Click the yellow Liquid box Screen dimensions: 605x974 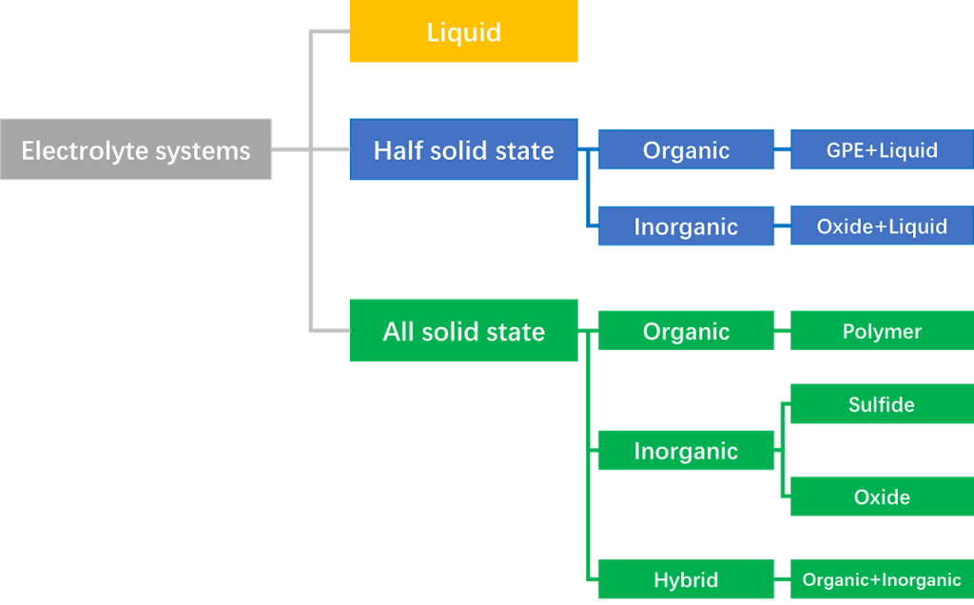[x=463, y=32]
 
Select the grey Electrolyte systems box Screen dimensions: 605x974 [x=136, y=149]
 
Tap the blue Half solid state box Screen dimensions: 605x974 [x=463, y=149]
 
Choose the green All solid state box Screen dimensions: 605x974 [x=463, y=331]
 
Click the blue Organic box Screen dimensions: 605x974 [x=686, y=149]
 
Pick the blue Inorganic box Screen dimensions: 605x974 [x=686, y=226]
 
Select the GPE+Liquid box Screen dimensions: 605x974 [x=882, y=149]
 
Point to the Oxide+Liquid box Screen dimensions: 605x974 [x=882, y=226]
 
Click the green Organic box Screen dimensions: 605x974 [x=686, y=331]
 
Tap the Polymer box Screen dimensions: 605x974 [x=882, y=331]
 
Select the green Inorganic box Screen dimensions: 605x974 [x=686, y=451]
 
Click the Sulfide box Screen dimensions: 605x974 [x=882, y=404]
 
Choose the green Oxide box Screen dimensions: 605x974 [x=882, y=497]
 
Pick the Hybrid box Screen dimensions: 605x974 [x=686, y=579]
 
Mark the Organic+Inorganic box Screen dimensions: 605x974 [x=882, y=579]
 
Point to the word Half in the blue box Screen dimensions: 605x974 [x=399, y=149]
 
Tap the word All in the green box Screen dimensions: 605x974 [x=399, y=331]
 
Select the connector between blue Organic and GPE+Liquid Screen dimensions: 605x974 [x=783, y=149]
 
